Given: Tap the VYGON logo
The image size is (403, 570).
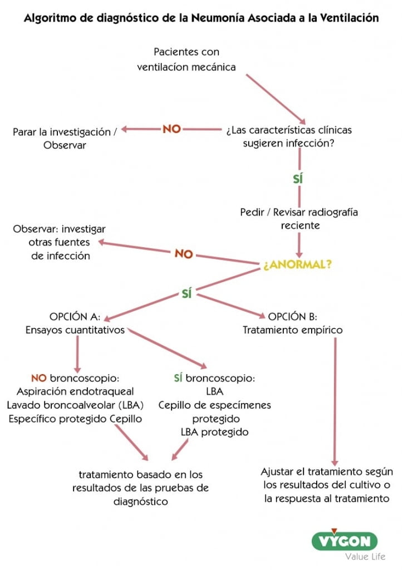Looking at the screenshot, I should click(344, 540).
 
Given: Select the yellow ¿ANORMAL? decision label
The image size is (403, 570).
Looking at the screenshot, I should click(298, 265).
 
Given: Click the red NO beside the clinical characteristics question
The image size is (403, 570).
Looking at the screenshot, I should click(171, 129).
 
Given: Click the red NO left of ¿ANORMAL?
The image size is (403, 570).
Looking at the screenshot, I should click(184, 254).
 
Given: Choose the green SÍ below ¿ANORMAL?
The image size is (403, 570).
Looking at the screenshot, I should click(186, 294).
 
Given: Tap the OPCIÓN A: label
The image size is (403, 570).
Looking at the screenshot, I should click(75, 317).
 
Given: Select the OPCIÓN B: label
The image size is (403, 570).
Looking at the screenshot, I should click(293, 317).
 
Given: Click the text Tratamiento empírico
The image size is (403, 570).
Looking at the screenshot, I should click(293, 330).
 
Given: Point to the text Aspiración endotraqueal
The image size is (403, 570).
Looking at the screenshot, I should click(75, 392).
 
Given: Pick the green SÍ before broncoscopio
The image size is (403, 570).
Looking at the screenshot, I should click(178, 379).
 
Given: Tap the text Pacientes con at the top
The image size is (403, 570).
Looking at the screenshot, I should click(186, 52).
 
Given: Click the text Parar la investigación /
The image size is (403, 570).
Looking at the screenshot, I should click(65, 132).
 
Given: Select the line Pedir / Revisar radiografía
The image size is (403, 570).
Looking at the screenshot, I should click(299, 213).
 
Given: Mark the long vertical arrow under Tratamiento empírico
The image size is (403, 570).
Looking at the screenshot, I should click(335, 401).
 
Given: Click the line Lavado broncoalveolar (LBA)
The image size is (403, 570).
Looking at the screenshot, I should click(75, 405).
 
